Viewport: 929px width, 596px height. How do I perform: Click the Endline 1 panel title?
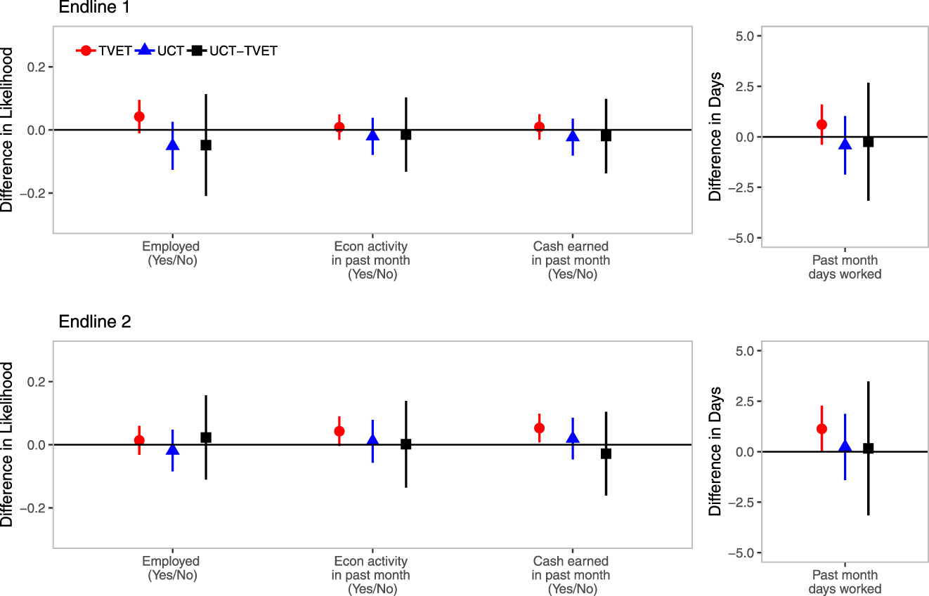tap(93, 8)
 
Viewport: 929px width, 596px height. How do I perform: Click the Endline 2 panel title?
tap(94, 322)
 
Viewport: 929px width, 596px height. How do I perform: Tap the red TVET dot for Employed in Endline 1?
tap(139, 117)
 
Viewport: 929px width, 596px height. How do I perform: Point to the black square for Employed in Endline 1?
tap(206, 145)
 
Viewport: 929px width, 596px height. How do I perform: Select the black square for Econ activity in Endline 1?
tap(405, 135)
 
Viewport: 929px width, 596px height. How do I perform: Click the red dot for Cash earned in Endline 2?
tap(539, 428)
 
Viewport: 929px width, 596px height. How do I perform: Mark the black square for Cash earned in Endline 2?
tap(606, 453)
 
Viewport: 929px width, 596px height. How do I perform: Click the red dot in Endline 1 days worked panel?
tap(821, 124)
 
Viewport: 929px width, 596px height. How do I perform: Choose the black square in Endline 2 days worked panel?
tap(868, 449)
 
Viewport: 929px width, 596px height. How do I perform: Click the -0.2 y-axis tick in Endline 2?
tap(34, 508)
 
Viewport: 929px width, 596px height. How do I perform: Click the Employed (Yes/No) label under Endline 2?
tap(171, 568)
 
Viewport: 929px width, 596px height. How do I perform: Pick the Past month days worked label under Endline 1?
tap(845, 267)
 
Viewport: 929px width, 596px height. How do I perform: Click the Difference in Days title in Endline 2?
tap(715, 451)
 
